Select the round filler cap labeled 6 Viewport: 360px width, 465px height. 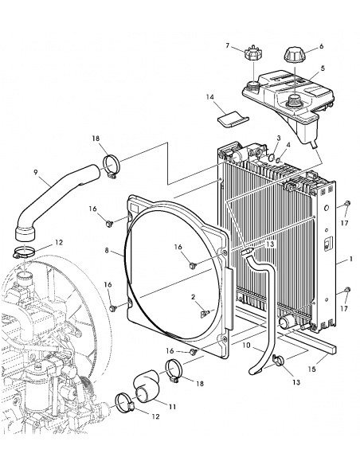tap(292, 58)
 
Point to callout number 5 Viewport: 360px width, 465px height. tap(323, 68)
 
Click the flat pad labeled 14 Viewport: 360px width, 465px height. tap(232, 119)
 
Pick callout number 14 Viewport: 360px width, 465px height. tap(210, 97)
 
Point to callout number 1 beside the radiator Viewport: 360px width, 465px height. tap(350, 260)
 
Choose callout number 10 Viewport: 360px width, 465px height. tap(245, 345)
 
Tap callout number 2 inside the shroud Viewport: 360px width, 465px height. tap(192, 296)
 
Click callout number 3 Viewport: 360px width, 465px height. tap(280, 139)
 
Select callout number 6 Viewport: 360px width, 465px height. tap(321, 45)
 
